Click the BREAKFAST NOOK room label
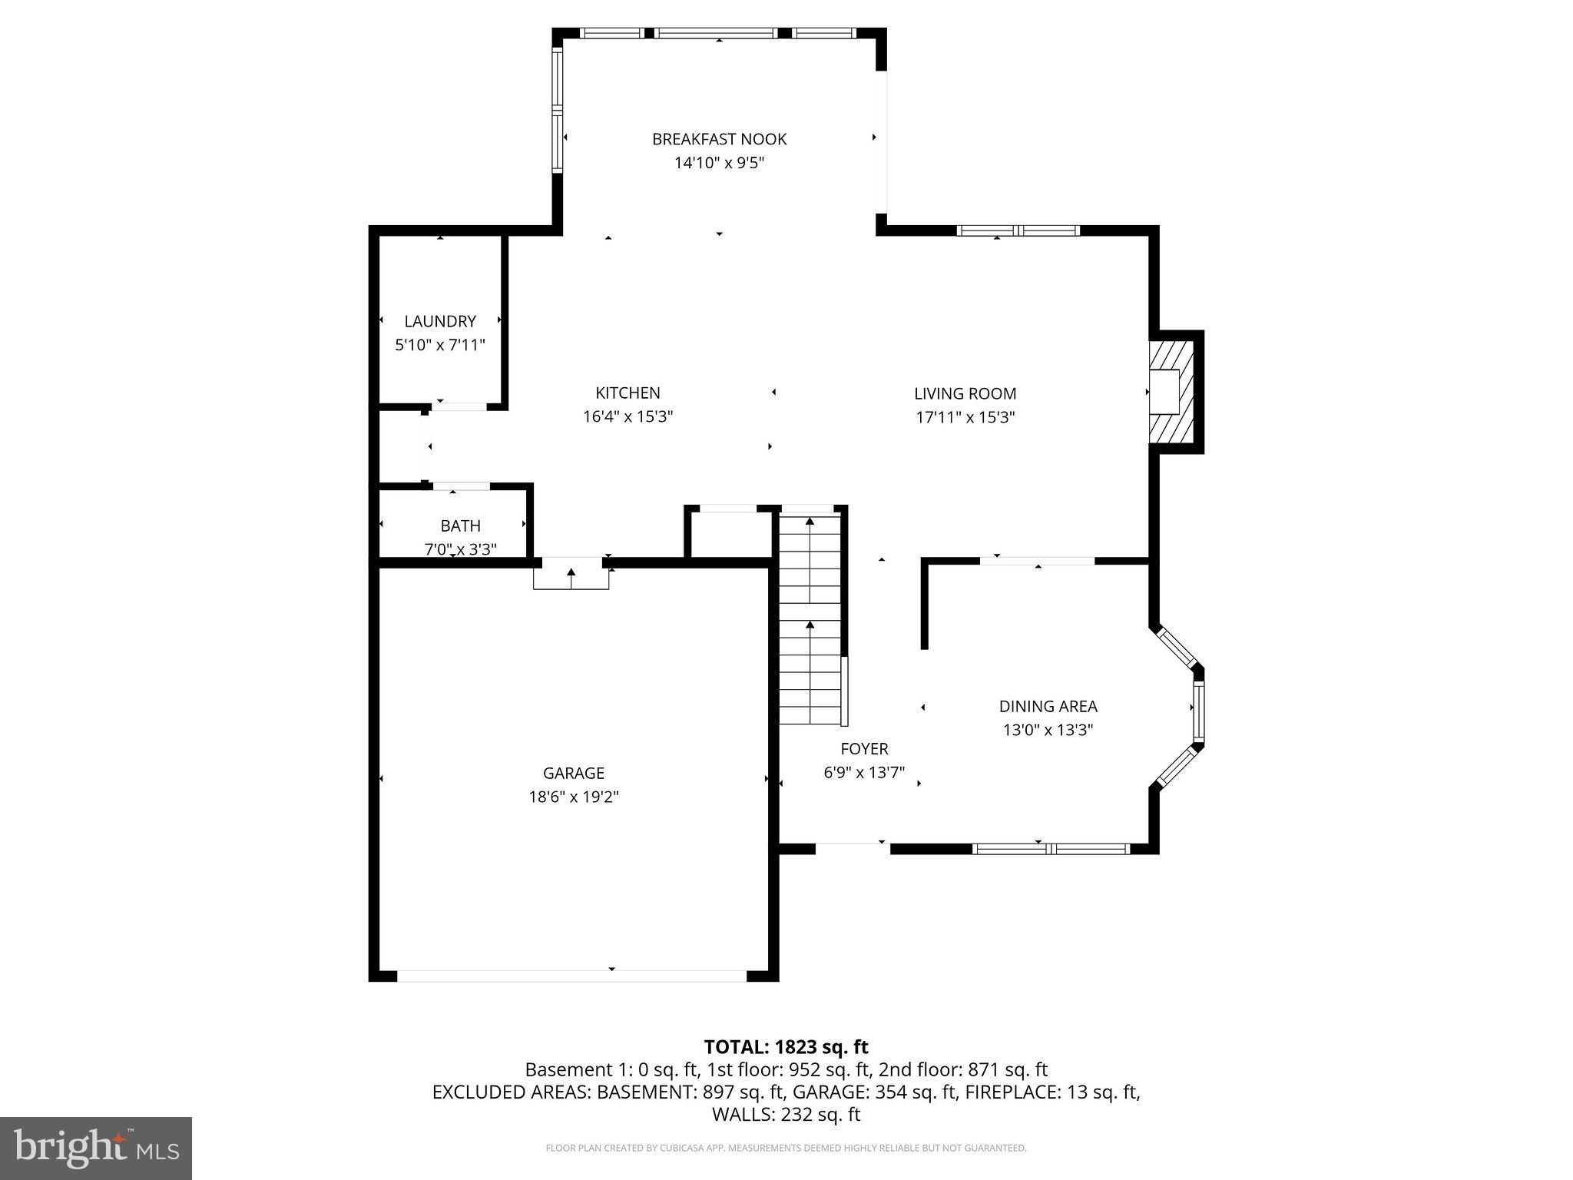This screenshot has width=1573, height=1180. (x=719, y=139)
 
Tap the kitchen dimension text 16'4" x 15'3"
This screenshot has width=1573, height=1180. (x=628, y=417)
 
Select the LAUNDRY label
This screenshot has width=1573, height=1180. (x=440, y=321)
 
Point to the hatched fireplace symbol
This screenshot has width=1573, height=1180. (x=1174, y=391)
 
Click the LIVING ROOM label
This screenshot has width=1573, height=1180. (x=965, y=394)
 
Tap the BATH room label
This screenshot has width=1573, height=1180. (x=460, y=526)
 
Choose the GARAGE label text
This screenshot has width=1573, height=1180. (x=573, y=774)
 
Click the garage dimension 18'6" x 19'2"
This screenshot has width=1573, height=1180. (x=573, y=797)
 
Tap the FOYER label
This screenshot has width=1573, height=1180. (x=864, y=749)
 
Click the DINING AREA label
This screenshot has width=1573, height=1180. (x=1048, y=707)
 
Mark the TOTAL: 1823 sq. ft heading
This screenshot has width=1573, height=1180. (x=786, y=1047)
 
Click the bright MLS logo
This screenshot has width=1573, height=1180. (x=96, y=1149)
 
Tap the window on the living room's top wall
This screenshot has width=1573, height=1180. (x=1018, y=230)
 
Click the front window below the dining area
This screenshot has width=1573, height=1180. (x=1051, y=849)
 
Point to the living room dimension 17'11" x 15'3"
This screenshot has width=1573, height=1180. (x=965, y=418)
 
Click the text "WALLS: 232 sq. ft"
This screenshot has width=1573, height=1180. (x=786, y=1115)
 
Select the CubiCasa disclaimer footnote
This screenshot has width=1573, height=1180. (x=786, y=1149)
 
